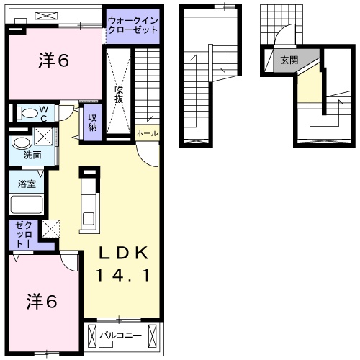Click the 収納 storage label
point(93,123)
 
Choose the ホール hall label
point(146,133)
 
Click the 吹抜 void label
point(119,94)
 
